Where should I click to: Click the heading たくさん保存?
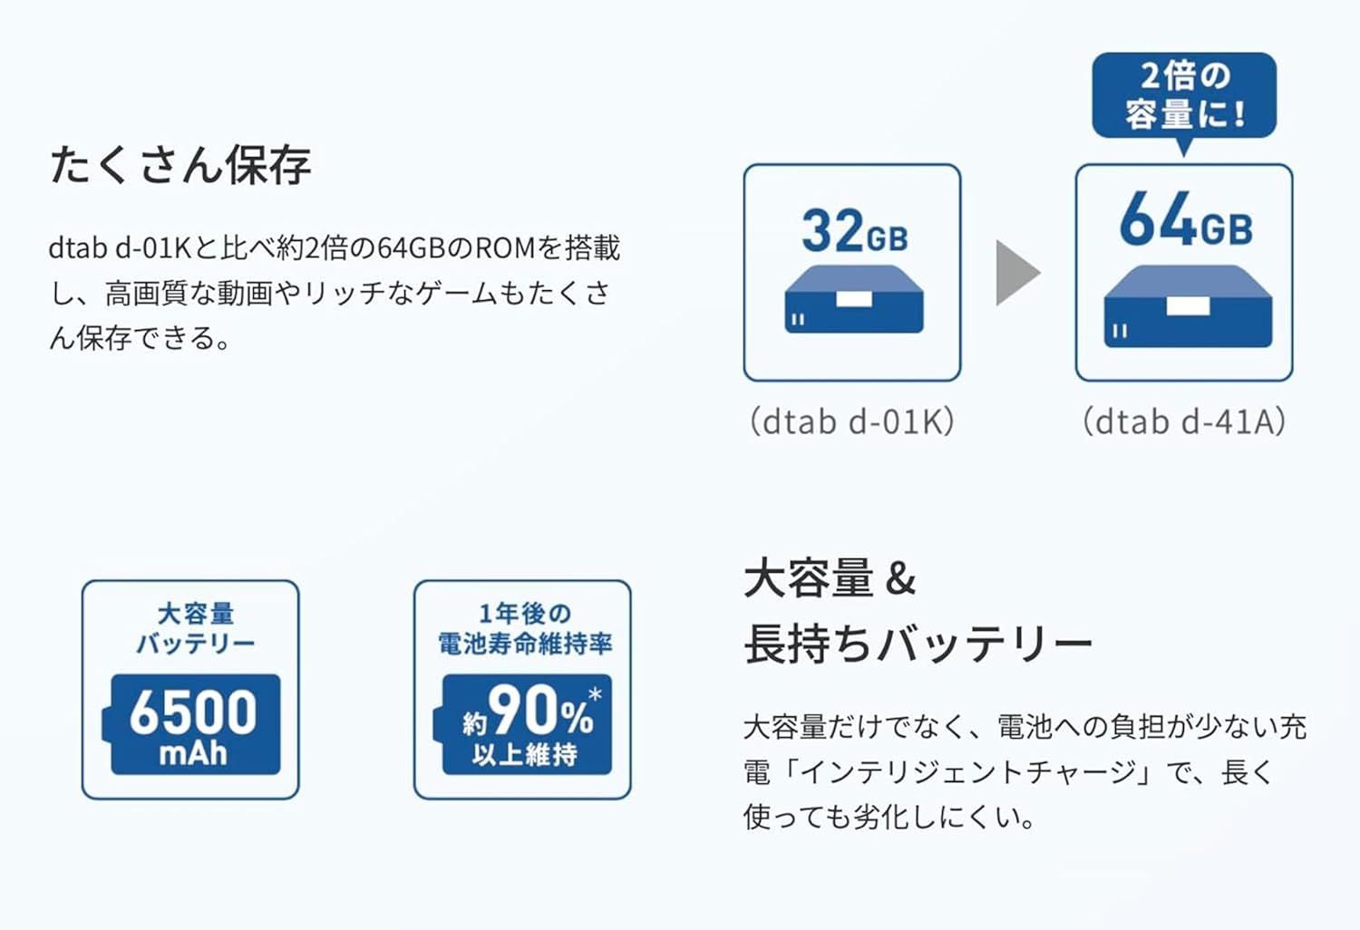pyautogui.click(x=180, y=164)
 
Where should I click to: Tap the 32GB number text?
pyautogui.click(x=855, y=230)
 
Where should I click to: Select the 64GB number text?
pyautogui.click(x=1186, y=219)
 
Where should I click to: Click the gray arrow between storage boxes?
pyautogui.click(x=1018, y=273)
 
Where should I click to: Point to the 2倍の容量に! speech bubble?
pyautogui.click(x=1184, y=97)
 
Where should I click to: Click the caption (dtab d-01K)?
pyautogui.click(x=852, y=421)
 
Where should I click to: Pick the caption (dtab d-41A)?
pyautogui.click(x=1184, y=421)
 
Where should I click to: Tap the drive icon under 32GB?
pyautogui.click(x=854, y=298)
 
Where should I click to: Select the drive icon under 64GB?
pyautogui.click(x=1188, y=306)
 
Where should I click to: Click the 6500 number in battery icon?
pyautogui.click(x=193, y=712)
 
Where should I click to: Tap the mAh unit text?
pyautogui.click(x=193, y=753)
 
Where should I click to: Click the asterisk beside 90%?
pyautogui.click(x=595, y=693)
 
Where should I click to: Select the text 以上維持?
pyautogui.click(x=525, y=754)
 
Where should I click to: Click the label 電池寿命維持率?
pyautogui.click(x=525, y=644)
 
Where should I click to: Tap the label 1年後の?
pyautogui.click(x=525, y=614)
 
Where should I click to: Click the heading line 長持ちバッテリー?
pyautogui.click(x=918, y=644)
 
